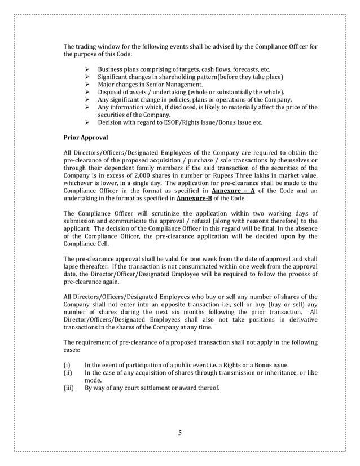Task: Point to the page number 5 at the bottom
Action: point(180,433)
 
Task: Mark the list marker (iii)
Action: point(68,389)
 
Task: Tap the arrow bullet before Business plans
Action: point(87,69)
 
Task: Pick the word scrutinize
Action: point(164,214)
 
